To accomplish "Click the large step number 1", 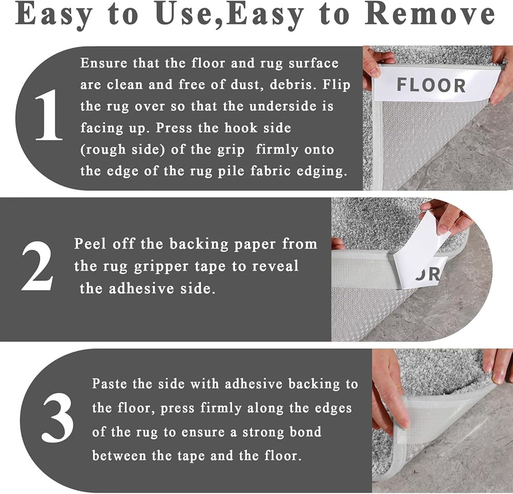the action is coord(48,114).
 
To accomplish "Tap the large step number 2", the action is coord(37,266).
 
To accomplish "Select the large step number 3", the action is coord(57,417).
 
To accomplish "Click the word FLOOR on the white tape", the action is coord(431,85).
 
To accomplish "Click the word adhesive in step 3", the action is coord(254,384).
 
